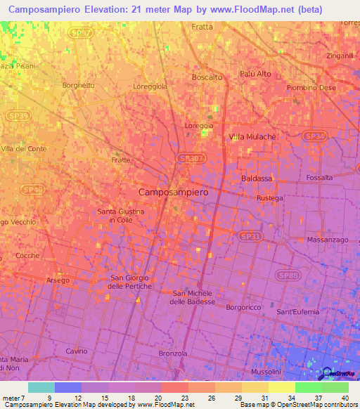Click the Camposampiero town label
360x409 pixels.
(x=179, y=191)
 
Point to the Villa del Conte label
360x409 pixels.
(x=23, y=149)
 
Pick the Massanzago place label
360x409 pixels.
(x=328, y=240)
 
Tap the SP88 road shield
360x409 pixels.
(x=287, y=275)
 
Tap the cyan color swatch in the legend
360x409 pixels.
(x=41, y=387)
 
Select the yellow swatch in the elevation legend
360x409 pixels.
(x=281, y=387)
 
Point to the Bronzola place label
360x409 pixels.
(x=174, y=353)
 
